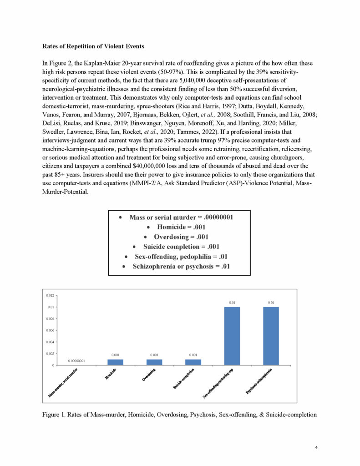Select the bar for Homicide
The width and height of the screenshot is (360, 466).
pyautogui.click(x=116, y=362)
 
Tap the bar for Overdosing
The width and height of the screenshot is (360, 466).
pyautogui.click(x=154, y=362)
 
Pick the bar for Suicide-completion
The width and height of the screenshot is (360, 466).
pyautogui.click(x=193, y=362)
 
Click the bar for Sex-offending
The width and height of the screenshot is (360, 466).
pyautogui.click(x=232, y=336)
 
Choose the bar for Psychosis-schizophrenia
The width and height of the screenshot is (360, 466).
pyautogui.click(x=271, y=336)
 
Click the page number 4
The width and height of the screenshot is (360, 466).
pyautogui.click(x=316, y=447)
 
